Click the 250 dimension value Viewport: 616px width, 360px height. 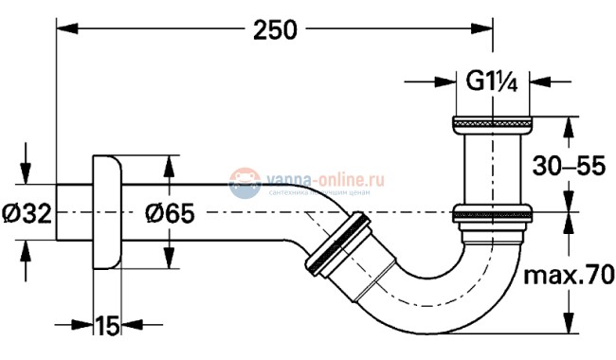pos(275,30)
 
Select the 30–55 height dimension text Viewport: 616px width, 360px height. pos(570,167)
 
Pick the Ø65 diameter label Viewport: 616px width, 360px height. pos(171,212)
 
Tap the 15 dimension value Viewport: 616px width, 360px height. pos(106,327)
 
